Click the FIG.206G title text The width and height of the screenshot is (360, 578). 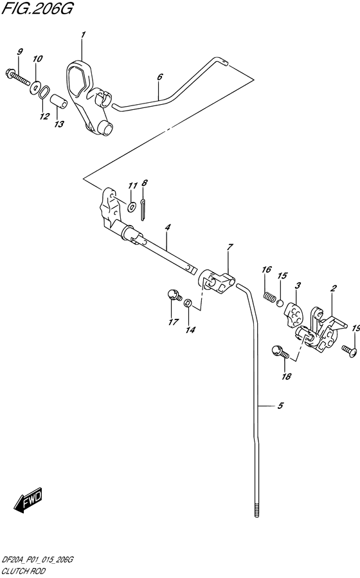tap(37, 9)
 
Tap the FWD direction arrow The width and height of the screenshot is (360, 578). tap(28, 501)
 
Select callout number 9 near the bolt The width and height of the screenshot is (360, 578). tap(20, 51)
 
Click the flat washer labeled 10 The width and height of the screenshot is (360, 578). tap(35, 87)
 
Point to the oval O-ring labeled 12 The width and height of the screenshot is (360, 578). tap(44, 92)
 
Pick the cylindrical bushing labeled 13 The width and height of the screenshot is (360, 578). tap(59, 102)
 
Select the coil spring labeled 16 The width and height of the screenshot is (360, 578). tap(269, 297)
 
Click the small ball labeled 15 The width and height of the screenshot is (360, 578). tap(280, 303)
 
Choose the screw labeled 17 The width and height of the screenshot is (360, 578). tap(174, 295)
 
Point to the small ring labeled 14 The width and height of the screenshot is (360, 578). tap(188, 303)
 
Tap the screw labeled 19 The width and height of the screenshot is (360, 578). tap(349, 350)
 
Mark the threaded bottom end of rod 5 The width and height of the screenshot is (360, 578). tap(256, 509)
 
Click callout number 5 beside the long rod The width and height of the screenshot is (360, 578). tap(280, 406)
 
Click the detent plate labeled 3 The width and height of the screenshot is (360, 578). tap(293, 314)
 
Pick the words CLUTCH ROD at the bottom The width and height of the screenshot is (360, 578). tap(24, 572)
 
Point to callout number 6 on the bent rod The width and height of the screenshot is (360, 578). tap(159, 77)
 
